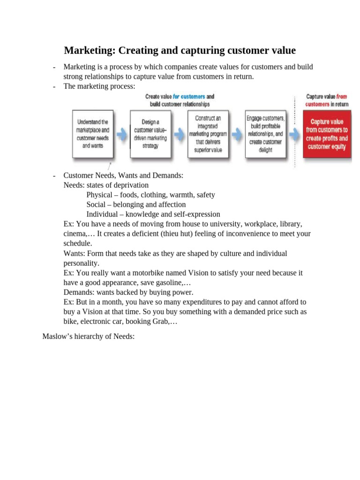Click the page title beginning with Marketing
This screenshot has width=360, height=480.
(180, 50)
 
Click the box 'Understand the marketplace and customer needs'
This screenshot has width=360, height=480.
(92, 134)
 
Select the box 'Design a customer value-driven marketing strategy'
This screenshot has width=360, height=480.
(150, 134)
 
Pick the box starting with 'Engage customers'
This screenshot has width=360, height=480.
(265, 134)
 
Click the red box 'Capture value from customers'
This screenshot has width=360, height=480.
(327, 134)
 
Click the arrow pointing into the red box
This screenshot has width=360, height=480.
(294, 134)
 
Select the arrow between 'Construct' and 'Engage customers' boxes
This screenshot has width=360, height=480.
(237, 134)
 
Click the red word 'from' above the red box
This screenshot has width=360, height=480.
(342, 97)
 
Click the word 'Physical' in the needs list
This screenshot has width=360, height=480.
(99, 195)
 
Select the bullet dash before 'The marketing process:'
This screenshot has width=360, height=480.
(55, 87)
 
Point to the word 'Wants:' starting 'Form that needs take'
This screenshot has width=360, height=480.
(74, 254)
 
